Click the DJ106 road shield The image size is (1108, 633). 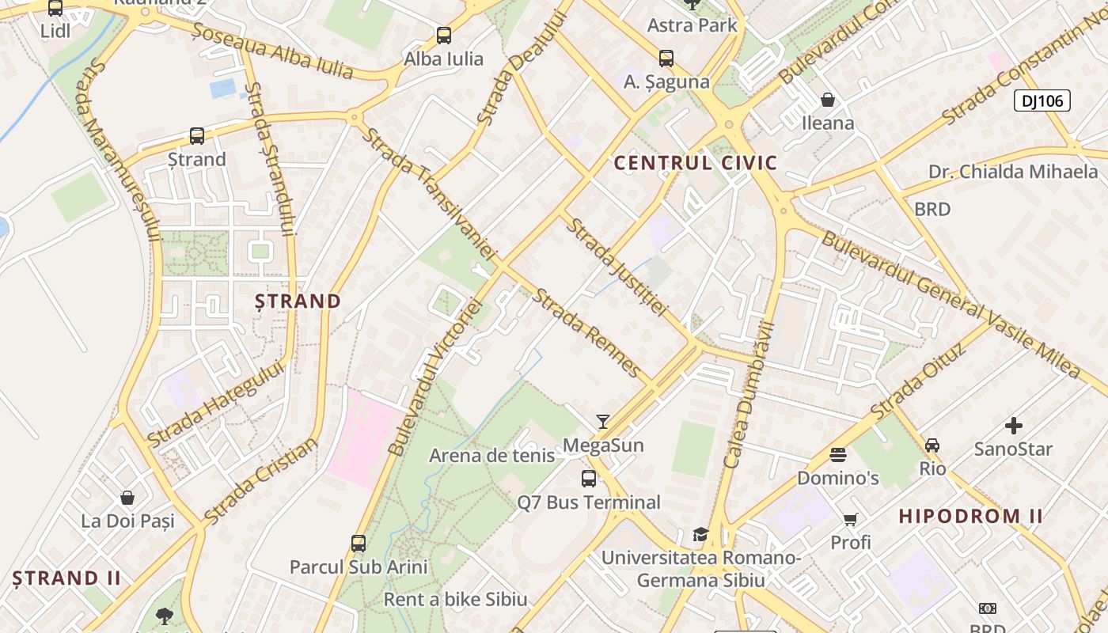pos(1042,100)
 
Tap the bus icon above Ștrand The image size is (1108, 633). pos(197,136)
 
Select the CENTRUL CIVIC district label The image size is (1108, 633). pos(696,163)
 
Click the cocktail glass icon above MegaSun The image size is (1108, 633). pos(603,421)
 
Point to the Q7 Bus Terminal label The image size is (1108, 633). pos(589,502)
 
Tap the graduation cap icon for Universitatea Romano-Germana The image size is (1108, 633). pos(700,534)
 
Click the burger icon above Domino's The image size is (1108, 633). pos(838,455)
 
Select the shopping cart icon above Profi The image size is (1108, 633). pos(850,520)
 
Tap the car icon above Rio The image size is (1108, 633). pos(932,445)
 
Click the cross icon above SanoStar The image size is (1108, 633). pos(1014,426)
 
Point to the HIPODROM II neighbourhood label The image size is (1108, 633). pos(970,517)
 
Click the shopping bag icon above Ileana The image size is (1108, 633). pos(828,100)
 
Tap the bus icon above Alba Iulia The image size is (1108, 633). pos(443,36)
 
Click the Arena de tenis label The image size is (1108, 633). pos(491,456)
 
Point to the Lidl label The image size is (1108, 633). pos(55,31)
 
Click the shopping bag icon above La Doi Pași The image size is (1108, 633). pos(127,498)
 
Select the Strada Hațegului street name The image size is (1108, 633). pos(214,404)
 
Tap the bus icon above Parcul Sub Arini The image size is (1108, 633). pos(359,544)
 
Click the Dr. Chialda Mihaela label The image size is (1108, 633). pos(1013,172)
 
